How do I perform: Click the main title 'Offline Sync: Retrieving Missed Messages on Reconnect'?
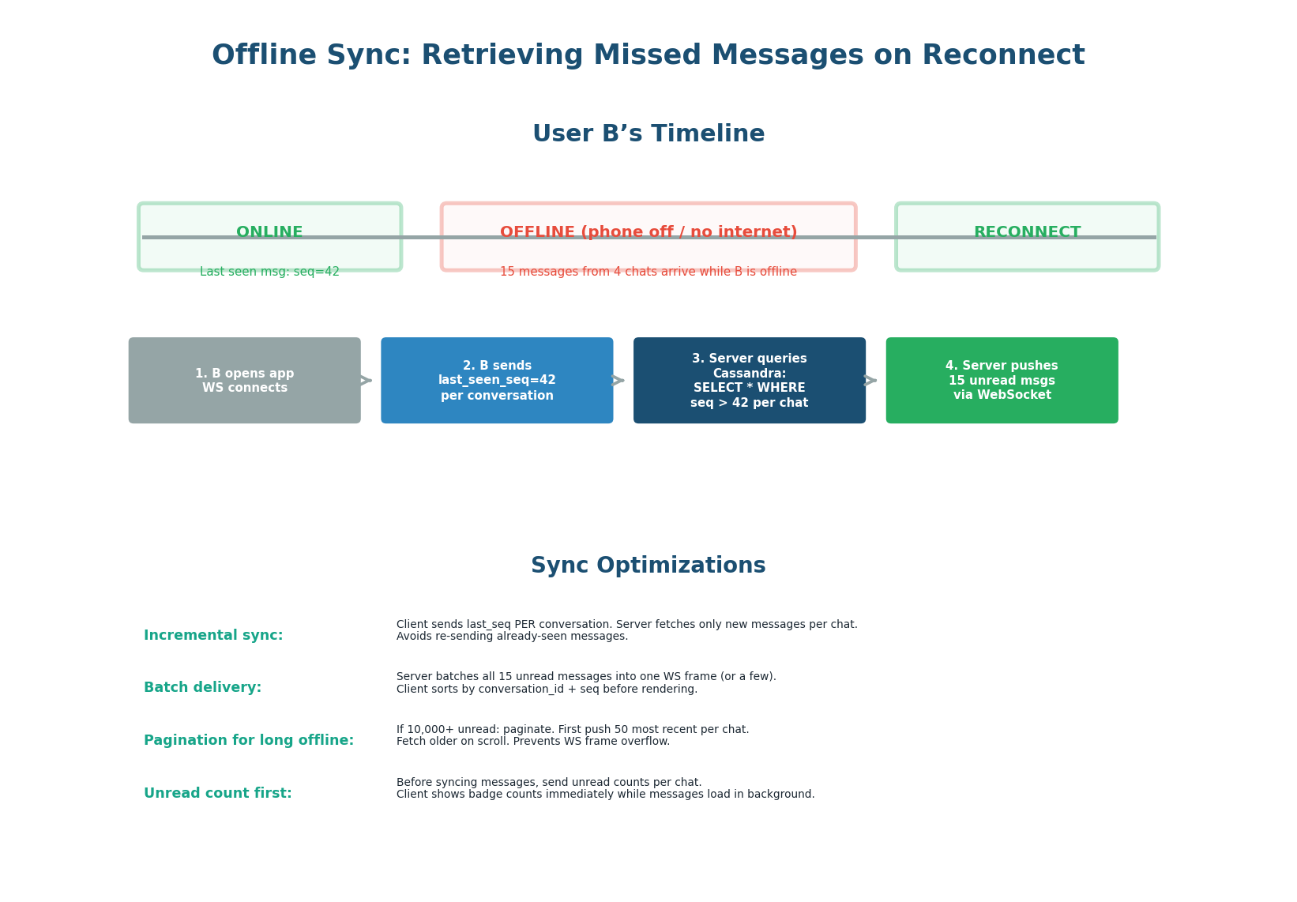[x=648, y=56]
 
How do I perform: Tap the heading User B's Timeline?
[x=648, y=134]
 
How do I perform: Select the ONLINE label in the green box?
[x=269, y=232]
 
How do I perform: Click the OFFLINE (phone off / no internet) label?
[x=648, y=232]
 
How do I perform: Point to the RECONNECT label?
[x=1027, y=232]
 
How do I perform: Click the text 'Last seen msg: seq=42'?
[x=269, y=272]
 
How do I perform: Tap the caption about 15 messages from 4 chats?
[x=648, y=272]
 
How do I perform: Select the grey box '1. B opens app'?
[x=244, y=381]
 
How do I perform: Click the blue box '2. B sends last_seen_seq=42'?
[x=497, y=381]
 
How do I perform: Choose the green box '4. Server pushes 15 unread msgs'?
[x=1002, y=381]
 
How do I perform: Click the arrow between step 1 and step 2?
[x=366, y=381]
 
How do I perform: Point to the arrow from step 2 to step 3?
[x=618, y=381]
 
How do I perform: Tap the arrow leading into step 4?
[x=870, y=381]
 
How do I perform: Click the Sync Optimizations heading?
[x=648, y=566]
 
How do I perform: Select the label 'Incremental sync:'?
[x=213, y=636]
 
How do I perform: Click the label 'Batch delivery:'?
[x=202, y=688]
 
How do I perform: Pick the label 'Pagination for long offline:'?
[x=249, y=741]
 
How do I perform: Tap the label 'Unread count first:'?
[x=218, y=794]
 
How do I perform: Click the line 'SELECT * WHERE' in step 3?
[x=749, y=388]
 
